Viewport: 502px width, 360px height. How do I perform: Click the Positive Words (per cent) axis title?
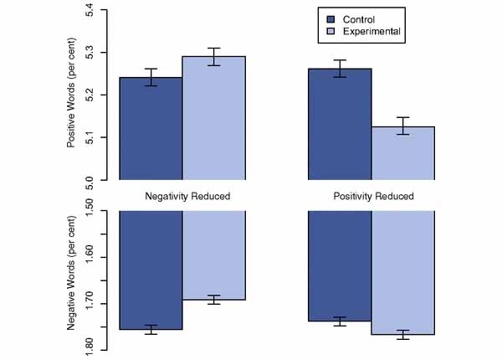[x=72, y=95]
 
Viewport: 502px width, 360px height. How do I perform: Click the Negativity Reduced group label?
[x=182, y=197]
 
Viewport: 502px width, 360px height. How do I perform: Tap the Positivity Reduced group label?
[x=371, y=197]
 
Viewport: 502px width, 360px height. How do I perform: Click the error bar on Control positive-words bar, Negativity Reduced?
[x=151, y=77]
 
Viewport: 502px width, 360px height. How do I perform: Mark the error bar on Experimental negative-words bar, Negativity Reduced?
[x=213, y=300]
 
